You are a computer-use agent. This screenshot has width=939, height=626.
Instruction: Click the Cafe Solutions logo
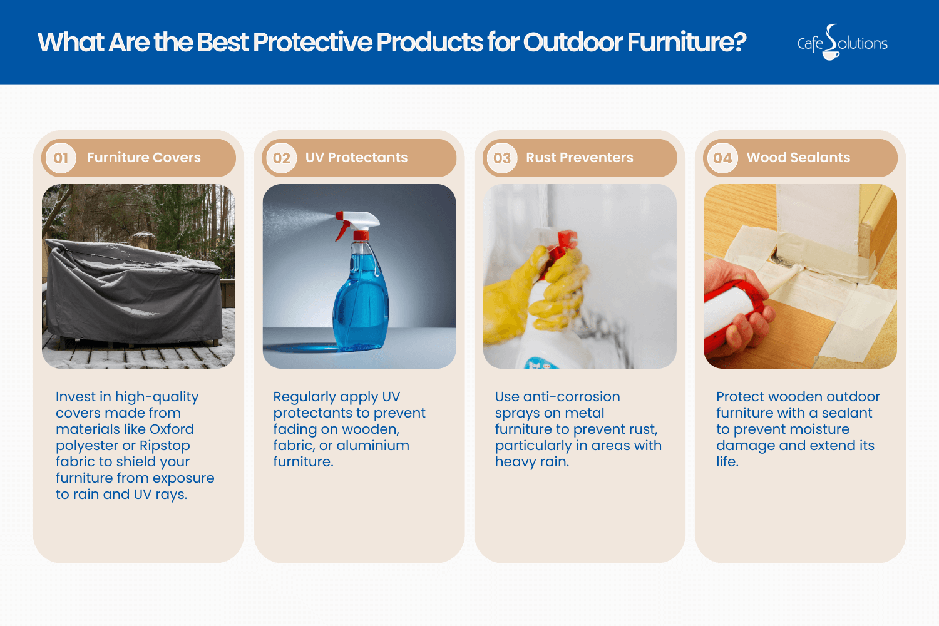[x=842, y=43]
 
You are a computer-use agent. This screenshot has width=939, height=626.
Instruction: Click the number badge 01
[x=61, y=158]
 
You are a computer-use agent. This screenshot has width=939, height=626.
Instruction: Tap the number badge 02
[x=281, y=158]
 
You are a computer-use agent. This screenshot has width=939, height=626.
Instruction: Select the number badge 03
[x=502, y=158]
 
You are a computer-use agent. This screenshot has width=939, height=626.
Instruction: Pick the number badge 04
[x=722, y=158]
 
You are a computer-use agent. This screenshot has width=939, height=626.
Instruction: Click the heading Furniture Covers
[x=143, y=158]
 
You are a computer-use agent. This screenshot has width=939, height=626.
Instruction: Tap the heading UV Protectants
[x=356, y=158]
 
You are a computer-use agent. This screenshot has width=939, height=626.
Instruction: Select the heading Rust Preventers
[x=579, y=158]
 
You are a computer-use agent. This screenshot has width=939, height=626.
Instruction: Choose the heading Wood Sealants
[x=798, y=158]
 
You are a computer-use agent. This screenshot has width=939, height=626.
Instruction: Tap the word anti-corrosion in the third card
[x=571, y=397]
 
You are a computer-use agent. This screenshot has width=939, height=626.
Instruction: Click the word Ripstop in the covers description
[x=165, y=446]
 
